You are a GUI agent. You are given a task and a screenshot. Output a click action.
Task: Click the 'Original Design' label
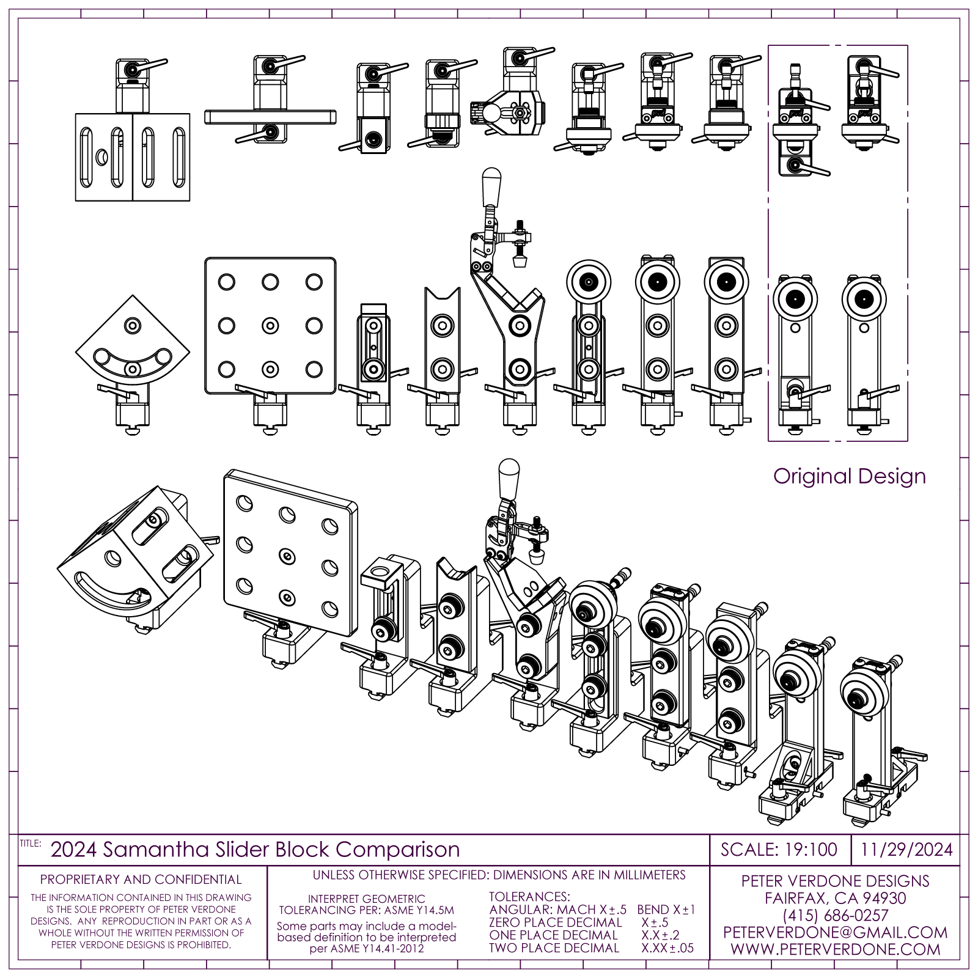click(x=849, y=476)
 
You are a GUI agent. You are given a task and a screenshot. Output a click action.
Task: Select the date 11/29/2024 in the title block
click(x=907, y=850)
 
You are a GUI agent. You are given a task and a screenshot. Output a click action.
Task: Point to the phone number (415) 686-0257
click(x=835, y=915)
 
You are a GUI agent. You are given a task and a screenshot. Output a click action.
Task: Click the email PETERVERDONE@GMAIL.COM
click(x=835, y=932)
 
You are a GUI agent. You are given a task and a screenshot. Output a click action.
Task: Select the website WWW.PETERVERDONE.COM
click(x=835, y=949)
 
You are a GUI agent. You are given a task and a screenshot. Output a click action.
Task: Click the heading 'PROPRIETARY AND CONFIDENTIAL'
click(x=141, y=880)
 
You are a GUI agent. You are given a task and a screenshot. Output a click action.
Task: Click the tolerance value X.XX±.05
click(x=667, y=948)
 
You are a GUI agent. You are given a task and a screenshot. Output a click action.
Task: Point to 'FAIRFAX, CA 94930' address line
click(x=835, y=898)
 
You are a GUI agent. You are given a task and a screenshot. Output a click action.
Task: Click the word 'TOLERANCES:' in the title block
click(x=529, y=897)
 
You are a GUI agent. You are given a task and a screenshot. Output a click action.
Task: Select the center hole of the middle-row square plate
click(x=270, y=326)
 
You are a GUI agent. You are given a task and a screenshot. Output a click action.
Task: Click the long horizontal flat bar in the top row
click(x=270, y=116)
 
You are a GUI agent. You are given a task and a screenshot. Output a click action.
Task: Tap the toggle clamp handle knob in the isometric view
click(x=509, y=474)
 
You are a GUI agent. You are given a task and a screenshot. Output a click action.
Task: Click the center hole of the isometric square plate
click(x=286, y=555)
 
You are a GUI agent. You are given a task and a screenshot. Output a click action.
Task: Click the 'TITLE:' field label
click(x=30, y=843)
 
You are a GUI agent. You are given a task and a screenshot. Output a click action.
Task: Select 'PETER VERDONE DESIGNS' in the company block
click(x=835, y=881)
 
